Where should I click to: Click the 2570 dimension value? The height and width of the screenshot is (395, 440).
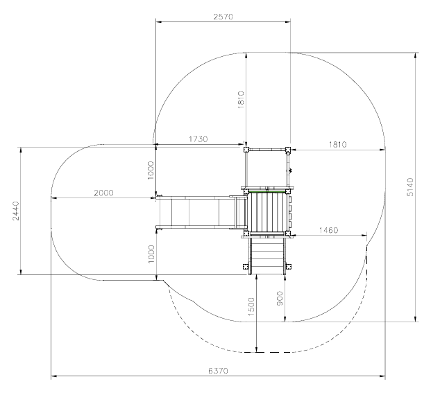point(223,17)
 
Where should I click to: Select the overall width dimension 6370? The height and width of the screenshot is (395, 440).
point(219,371)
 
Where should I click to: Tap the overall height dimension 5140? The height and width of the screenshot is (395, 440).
point(410,187)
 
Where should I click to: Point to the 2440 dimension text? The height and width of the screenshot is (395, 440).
point(16,211)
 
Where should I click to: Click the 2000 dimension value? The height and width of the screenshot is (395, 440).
point(103,193)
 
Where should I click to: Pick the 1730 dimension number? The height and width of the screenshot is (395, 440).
point(198,139)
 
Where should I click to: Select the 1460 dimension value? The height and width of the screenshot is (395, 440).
point(328,230)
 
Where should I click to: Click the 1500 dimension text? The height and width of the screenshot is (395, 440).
point(252,307)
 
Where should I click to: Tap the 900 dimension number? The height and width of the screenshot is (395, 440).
point(280,299)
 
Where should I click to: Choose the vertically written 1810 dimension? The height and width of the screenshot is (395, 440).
point(241,100)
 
